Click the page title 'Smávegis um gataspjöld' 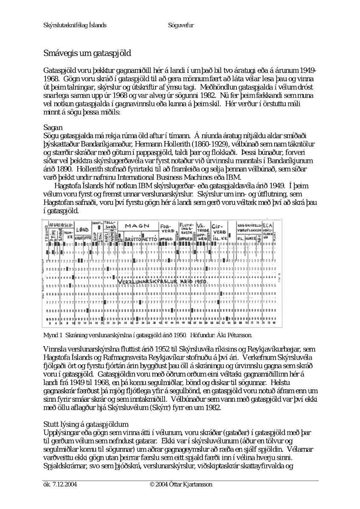pyautogui.click(x=87, y=53)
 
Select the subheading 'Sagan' pyautogui.click(x=53, y=127)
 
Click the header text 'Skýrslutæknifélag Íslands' pyautogui.click(x=75, y=25)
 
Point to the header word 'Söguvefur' pyautogui.click(x=181, y=25)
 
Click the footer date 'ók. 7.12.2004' pyautogui.click(x=60, y=484)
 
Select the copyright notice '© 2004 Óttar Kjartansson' pyautogui.click(x=181, y=484)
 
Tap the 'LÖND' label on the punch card pyautogui.click(x=82, y=229)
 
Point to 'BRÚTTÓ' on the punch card pyautogui.click(x=132, y=239)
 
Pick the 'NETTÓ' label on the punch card pyautogui.click(x=151, y=239)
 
